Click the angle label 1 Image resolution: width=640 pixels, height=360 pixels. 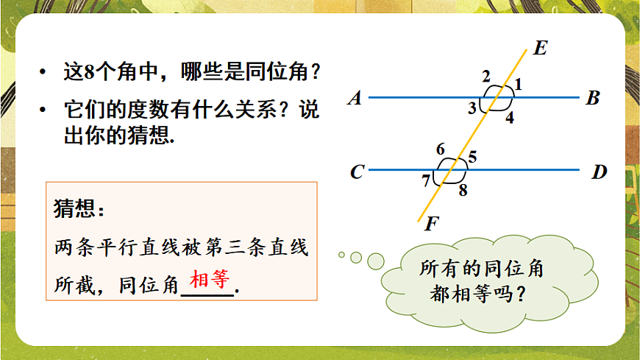[x=518, y=85]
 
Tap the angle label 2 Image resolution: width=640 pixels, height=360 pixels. [x=486, y=77]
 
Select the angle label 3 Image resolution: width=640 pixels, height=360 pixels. [x=472, y=109]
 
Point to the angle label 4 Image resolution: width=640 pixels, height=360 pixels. [x=509, y=117]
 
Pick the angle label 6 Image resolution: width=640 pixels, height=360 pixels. [x=440, y=149]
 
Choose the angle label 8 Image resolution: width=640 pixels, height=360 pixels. [x=462, y=191]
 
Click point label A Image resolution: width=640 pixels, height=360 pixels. [x=355, y=98]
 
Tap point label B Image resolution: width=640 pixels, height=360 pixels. [x=593, y=98]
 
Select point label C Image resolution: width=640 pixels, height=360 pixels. [x=358, y=172]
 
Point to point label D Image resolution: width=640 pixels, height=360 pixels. [x=600, y=172]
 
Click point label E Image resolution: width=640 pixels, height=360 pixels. [x=539, y=49]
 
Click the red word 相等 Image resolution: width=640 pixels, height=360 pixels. [x=210, y=279]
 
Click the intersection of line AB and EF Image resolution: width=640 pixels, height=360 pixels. [x=496, y=97]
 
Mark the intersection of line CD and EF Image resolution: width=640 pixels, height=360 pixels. [x=450, y=170]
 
